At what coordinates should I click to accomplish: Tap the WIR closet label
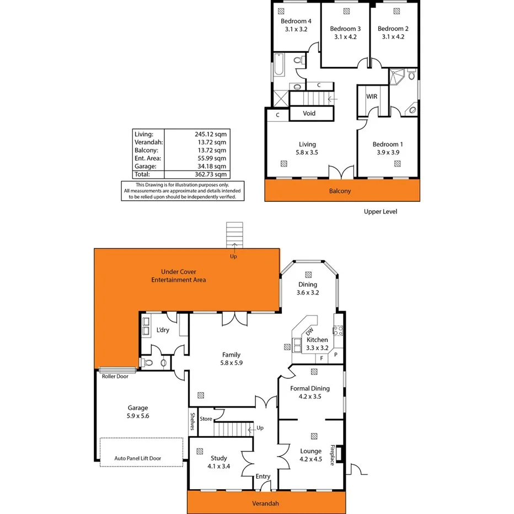tap(372, 97)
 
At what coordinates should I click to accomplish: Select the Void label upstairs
tap(309, 114)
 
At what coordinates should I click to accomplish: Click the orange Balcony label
tap(340, 191)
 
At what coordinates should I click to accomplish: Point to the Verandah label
tap(265, 503)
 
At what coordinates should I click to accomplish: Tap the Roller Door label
tap(115, 377)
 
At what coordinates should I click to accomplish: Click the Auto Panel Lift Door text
tap(141, 458)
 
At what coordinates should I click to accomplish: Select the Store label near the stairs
tap(206, 419)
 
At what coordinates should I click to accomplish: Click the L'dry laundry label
tap(163, 330)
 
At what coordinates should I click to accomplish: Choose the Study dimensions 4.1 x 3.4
tap(219, 467)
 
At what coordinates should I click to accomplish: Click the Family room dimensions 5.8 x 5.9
tap(232, 363)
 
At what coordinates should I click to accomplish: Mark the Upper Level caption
tap(381, 212)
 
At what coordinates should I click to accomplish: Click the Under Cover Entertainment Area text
tap(179, 276)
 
